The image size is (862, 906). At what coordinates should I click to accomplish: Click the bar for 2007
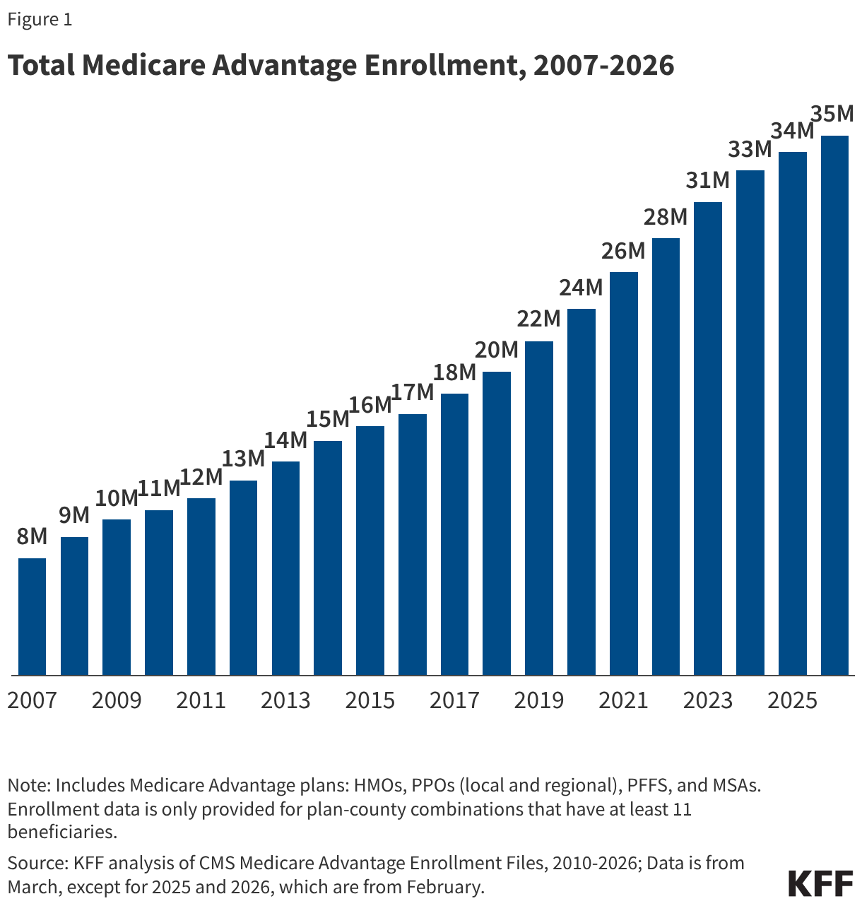coord(32,616)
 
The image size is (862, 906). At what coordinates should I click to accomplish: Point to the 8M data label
coord(32,537)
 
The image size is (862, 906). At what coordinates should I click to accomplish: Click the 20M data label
coord(496,350)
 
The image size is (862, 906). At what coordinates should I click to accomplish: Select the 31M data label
coord(707,181)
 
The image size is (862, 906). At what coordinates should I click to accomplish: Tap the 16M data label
coord(370,405)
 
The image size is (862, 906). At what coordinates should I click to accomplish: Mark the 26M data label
coord(623,251)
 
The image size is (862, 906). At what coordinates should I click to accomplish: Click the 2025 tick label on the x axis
coord(792,700)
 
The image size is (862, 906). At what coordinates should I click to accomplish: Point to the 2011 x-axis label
coord(201,700)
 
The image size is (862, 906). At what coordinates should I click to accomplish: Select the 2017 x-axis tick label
coord(454,700)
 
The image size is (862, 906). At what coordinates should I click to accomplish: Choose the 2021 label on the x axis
coord(623,700)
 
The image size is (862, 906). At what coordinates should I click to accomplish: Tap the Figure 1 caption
coord(40,20)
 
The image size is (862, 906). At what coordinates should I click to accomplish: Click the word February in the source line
coord(445,886)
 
